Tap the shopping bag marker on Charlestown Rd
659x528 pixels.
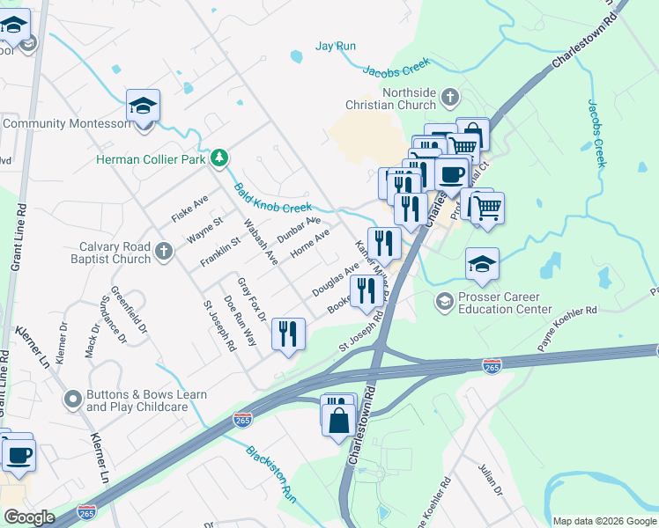[x=339, y=418]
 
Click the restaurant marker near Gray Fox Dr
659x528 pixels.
[x=288, y=334]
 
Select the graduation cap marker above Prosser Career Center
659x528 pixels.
[x=482, y=264]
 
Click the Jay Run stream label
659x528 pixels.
[x=336, y=46]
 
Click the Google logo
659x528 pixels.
[x=29, y=517]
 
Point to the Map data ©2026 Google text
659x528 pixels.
[x=604, y=521]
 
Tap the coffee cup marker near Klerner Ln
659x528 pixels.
[x=18, y=454]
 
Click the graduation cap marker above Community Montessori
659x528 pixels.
[x=143, y=106]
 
